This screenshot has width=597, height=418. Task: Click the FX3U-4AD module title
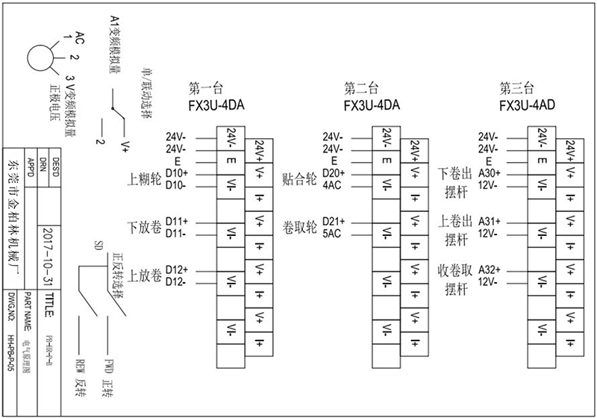(x=527, y=105)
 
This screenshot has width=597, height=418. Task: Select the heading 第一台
(x=207, y=87)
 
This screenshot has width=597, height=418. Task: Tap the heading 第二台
(x=361, y=87)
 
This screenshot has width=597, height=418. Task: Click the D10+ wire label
(x=177, y=172)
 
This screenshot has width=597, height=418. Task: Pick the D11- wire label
(x=176, y=234)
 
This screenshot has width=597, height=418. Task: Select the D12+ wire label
(x=177, y=269)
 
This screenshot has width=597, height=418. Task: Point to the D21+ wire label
(x=332, y=221)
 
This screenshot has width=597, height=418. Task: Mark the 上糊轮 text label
(x=145, y=179)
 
